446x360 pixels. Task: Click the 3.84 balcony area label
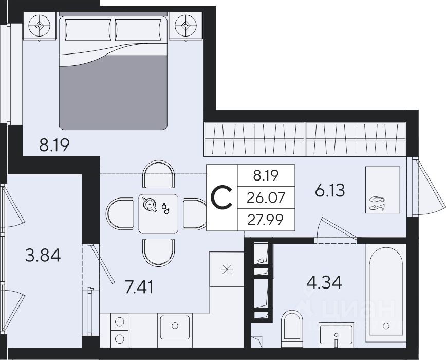point(43,256)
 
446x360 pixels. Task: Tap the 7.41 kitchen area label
point(139,287)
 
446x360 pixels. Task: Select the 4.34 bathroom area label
point(324,282)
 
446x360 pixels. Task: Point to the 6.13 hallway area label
point(330,190)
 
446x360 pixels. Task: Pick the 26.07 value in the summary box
point(266,198)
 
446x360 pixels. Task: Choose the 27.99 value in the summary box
point(266,220)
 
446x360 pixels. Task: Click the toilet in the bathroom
point(292,329)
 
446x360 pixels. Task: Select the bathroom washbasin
point(336,335)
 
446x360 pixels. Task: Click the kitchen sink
point(175,327)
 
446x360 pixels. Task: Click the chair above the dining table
point(159,174)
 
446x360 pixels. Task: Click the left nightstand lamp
point(40,26)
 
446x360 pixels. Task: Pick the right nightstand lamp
point(185,26)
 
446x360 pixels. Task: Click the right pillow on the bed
point(139,30)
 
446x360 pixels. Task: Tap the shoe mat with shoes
point(383,190)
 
